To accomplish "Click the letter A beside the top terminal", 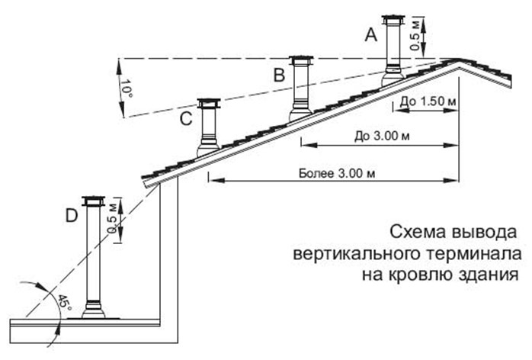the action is click(371, 34).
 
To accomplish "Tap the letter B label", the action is click(279, 75).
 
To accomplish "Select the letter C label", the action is click(186, 119).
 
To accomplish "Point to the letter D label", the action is click(72, 215).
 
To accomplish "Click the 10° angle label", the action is click(126, 89).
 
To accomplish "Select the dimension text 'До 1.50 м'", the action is click(428, 101).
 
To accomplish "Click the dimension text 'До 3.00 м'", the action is click(382, 136).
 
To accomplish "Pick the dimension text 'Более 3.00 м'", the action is click(337, 173).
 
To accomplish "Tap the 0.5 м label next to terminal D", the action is click(112, 218).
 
